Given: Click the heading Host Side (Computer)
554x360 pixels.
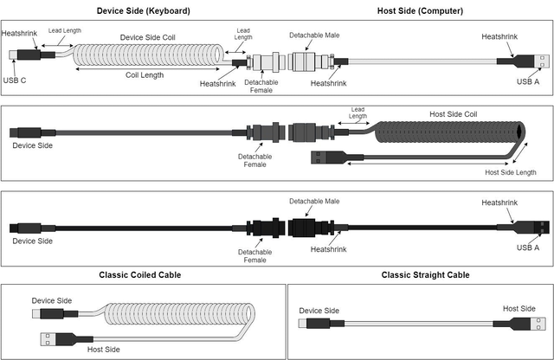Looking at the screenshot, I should (x=420, y=11).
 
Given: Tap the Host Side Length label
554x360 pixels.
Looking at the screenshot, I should (x=511, y=173).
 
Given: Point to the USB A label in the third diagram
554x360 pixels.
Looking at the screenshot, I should (x=528, y=247).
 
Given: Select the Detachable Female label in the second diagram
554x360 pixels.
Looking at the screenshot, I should (x=254, y=160).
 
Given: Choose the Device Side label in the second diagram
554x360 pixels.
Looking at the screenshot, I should (x=33, y=145).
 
